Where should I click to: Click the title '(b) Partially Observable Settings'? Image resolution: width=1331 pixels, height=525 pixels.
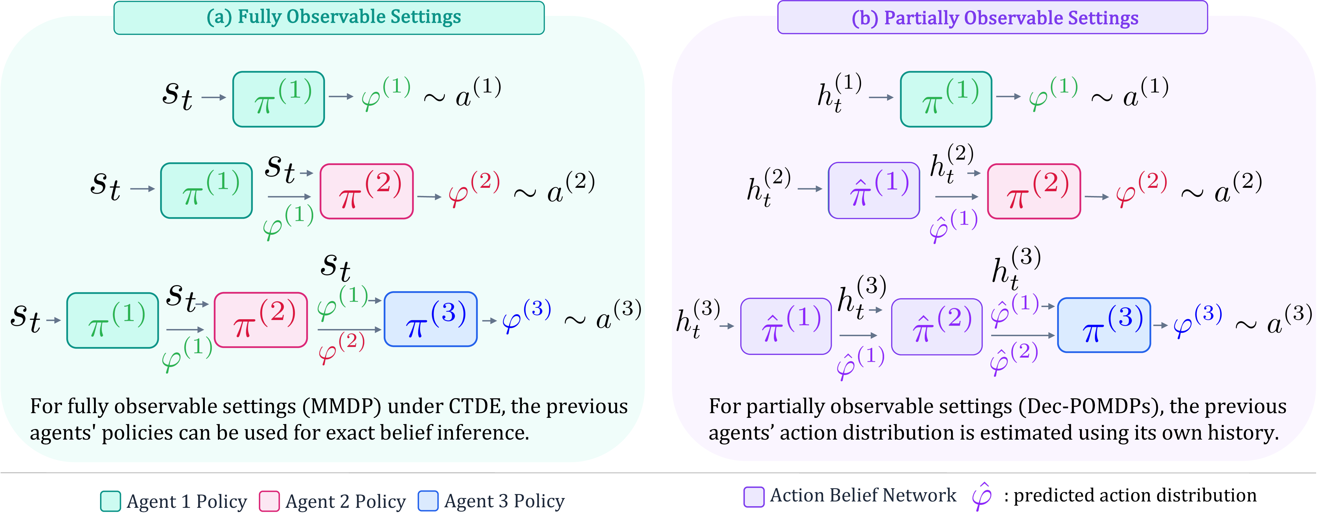pyautogui.click(x=995, y=17)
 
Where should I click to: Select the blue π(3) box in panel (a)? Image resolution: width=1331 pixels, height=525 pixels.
pyautogui.click(x=430, y=319)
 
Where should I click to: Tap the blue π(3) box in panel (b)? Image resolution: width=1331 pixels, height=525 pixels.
pyautogui.click(x=1104, y=325)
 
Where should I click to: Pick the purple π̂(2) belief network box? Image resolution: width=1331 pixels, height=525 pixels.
pyautogui.click(x=937, y=326)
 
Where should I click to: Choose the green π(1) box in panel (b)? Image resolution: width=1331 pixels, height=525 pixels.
pyautogui.click(x=946, y=99)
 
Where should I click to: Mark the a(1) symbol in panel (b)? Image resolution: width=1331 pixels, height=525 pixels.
pyautogui.click(x=1145, y=92)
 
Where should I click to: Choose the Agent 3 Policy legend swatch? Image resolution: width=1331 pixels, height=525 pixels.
pyautogui.click(x=428, y=501)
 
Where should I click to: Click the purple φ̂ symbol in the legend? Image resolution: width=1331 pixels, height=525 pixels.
pyautogui.click(x=982, y=497)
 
